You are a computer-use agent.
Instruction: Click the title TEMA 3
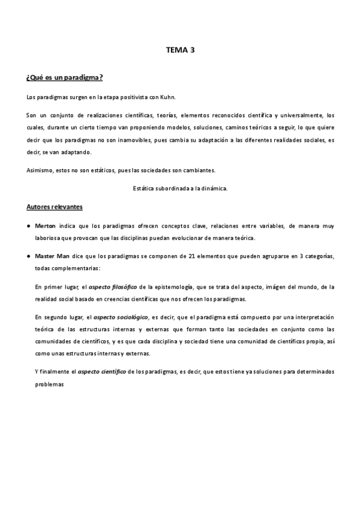pos(181,50)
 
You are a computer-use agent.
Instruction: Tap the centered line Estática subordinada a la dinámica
pos(180,188)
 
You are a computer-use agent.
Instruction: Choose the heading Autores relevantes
pos(55,207)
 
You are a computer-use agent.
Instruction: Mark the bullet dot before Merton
pos(29,226)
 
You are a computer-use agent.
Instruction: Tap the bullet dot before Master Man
pos(29,256)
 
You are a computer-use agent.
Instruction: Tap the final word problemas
pos(49,384)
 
